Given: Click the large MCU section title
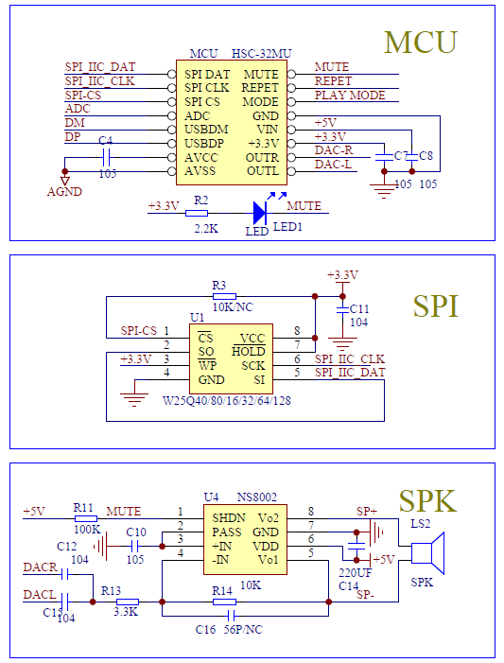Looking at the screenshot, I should click(x=420, y=43).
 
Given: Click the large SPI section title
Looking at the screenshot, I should click(x=436, y=305).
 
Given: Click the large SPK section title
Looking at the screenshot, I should click(x=428, y=500).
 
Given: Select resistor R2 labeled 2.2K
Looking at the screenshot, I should click(x=199, y=213).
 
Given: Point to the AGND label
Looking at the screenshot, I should click(x=64, y=191).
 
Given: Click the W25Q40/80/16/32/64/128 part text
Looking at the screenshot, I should click(x=227, y=400).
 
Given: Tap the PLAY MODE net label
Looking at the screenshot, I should click(x=349, y=96).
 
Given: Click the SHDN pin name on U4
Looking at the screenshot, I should click(x=229, y=517).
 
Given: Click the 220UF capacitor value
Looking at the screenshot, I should click(x=355, y=572).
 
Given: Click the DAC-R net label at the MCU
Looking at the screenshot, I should click(x=333, y=150).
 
